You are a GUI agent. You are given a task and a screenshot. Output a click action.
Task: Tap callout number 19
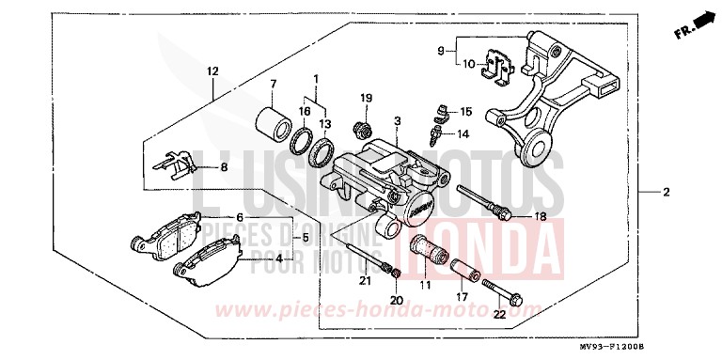pyautogui.click(x=367, y=99)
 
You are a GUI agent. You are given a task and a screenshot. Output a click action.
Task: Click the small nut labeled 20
pyautogui.click(x=397, y=274)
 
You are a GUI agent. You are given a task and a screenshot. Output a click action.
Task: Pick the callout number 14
pyautogui.click(x=463, y=134)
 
